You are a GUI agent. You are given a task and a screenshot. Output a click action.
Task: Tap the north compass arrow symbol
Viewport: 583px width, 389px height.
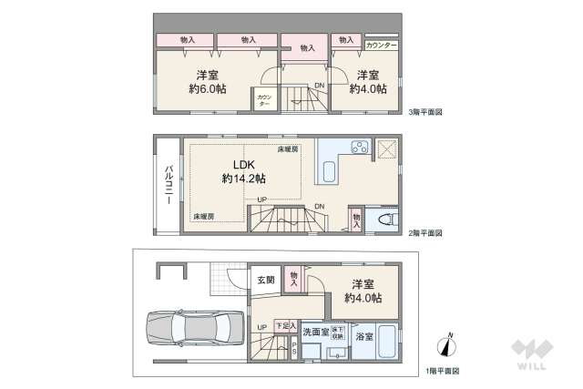pyautogui.click(x=446, y=345)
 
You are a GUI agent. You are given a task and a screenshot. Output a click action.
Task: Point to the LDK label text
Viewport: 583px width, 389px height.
pyautogui.click(x=243, y=164)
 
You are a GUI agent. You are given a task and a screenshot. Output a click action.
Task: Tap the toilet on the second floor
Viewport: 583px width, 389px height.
pyautogui.click(x=386, y=218)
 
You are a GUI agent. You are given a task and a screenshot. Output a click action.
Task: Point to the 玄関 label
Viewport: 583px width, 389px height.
pyautogui.click(x=264, y=280)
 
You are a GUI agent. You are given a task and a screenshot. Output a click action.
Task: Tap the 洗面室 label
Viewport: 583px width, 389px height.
pyautogui.click(x=315, y=333)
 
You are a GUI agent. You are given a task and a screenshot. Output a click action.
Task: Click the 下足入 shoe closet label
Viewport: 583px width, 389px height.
pyautogui.click(x=286, y=325)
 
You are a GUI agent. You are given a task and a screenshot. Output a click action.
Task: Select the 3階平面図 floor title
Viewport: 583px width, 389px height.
pyautogui.click(x=425, y=112)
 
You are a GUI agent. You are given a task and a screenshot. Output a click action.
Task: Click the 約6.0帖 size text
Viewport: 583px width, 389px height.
pyautogui.click(x=208, y=89)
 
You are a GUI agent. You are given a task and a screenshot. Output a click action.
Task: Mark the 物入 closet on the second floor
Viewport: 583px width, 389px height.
pyautogui.click(x=356, y=218)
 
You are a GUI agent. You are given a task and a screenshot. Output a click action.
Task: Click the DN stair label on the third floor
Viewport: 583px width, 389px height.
pyautogui.click(x=319, y=87)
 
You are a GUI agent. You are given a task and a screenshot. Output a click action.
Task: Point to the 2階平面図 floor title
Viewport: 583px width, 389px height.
pyautogui.click(x=425, y=234)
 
